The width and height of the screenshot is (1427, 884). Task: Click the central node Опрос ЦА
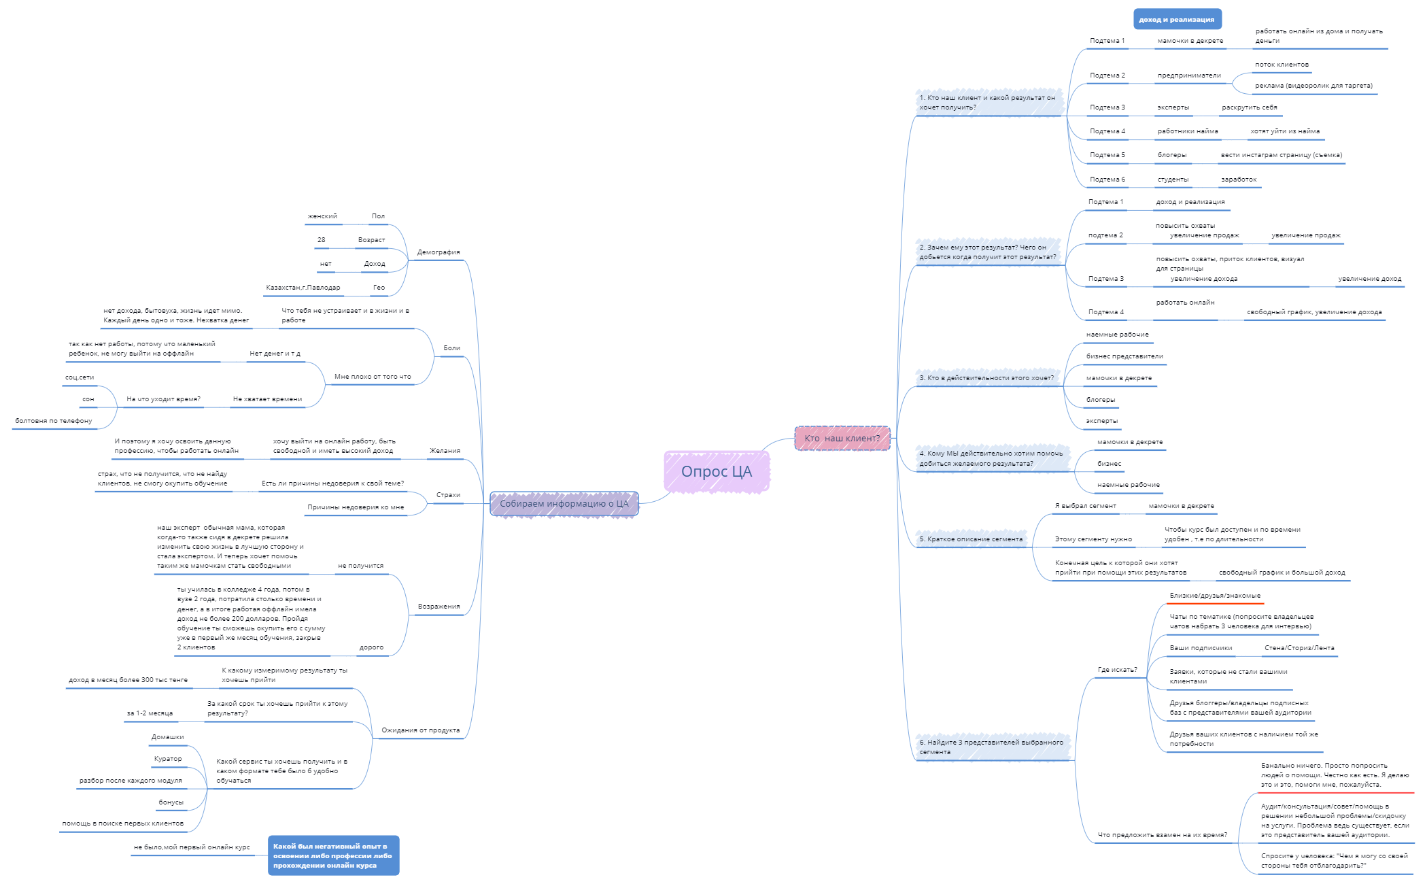[717, 471]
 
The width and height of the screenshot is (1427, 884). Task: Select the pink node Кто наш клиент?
[842, 438]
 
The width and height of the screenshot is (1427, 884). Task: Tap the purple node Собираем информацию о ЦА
[564, 504]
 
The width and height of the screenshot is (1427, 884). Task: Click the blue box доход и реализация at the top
[1177, 19]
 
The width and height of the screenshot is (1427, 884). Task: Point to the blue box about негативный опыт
[333, 855]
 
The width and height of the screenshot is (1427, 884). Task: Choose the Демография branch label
[439, 252]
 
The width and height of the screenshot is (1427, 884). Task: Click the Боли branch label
[452, 348]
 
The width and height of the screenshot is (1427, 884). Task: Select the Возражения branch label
[439, 607]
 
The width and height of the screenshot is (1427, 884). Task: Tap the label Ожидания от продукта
[420, 730]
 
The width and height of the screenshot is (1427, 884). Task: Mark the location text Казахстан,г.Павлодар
[303, 288]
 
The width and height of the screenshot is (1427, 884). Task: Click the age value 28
[321, 240]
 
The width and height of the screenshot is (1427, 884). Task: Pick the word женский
[322, 216]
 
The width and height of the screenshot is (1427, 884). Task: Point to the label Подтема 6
[1107, 180]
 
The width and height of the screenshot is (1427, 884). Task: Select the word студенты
[1173, 180]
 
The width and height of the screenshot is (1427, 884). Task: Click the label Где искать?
[1118, 670]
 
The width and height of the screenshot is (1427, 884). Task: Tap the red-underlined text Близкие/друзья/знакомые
[1215, 596]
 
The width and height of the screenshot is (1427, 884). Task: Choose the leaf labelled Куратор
[168, 759]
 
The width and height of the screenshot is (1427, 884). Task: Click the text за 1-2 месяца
[150, 713]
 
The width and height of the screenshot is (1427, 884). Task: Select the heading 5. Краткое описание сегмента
[971, 539]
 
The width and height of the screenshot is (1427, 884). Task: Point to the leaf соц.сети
[80, 377]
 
